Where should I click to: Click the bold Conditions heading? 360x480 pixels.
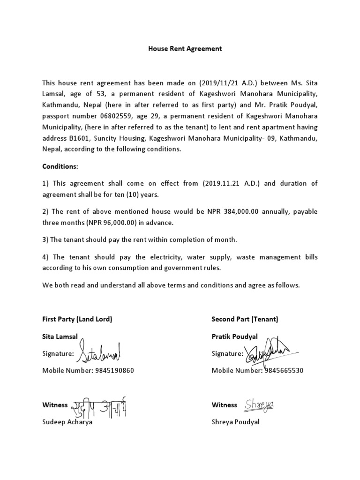click(60, 166)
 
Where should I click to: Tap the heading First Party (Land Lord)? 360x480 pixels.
click(77, 319)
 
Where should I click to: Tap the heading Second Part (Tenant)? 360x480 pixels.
click(245, 319)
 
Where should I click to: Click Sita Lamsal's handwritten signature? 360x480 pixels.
click(99, 352)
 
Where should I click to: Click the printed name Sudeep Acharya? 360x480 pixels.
click(67, 422)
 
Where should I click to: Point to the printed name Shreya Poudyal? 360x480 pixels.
click(235, 422)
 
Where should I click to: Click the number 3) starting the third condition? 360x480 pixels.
click(45, 240)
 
